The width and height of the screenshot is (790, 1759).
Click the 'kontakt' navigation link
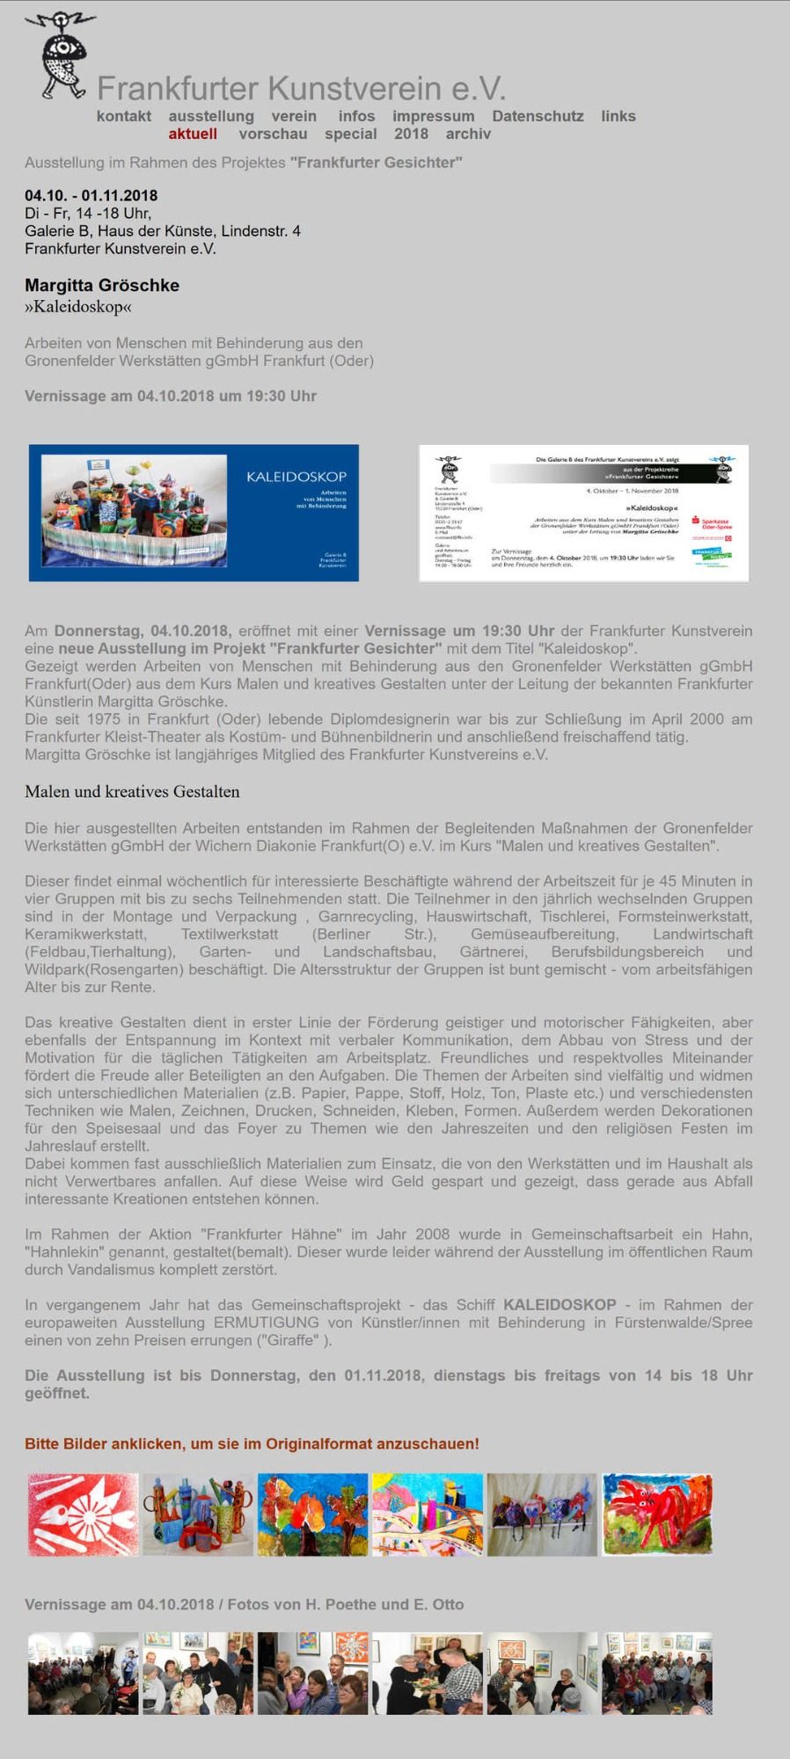[124, 116]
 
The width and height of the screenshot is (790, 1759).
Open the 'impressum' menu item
[433, 116]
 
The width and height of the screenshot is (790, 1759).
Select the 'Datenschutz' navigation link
[538, 116]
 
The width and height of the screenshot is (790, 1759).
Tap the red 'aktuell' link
[193, 134]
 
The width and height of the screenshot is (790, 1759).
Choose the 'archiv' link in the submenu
[468, 134]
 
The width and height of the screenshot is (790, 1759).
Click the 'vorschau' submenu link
[273, 134]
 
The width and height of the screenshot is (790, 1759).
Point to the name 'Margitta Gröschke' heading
[102, 285]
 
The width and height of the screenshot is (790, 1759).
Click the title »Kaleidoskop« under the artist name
[78, 307]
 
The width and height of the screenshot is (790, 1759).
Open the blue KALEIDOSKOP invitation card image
[194, 513]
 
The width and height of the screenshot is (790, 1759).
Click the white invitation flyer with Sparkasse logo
[583, 513]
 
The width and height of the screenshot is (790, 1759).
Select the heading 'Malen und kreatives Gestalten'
[132, 792]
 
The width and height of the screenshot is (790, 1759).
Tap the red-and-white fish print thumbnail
[83, 1514]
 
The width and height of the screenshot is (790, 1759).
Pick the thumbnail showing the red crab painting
[656, 1514]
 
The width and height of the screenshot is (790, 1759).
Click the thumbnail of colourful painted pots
[198, 1514]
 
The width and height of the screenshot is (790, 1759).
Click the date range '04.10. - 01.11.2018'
[91, 195]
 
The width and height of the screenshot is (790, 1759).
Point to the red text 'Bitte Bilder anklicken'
[252, 1444]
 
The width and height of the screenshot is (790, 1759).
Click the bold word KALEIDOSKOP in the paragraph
[560, 1305]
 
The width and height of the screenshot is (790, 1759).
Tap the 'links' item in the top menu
[618, 116]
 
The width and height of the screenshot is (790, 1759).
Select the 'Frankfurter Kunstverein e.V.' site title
[301, 89]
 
